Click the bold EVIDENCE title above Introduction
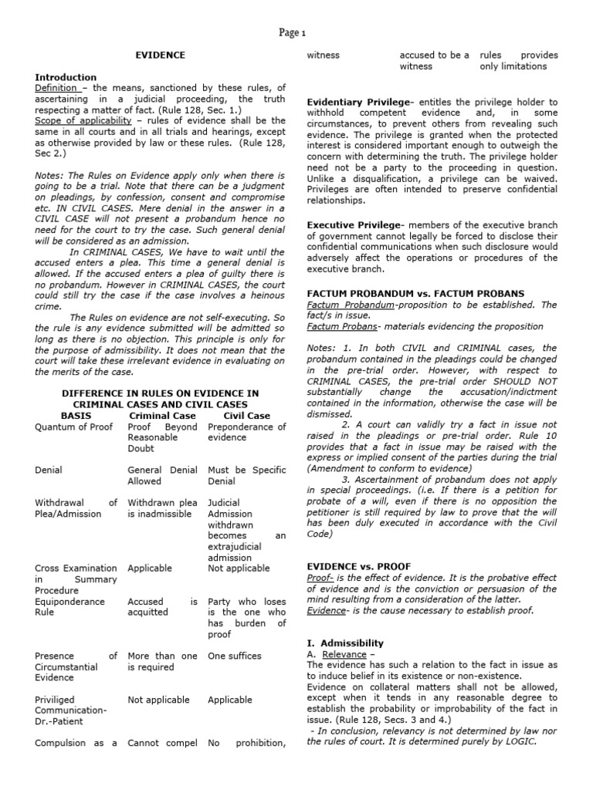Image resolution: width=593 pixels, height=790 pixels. pyautogui.click(x=161, y=56)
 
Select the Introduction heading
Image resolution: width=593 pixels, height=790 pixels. pyautogui.click(x=66, y=77)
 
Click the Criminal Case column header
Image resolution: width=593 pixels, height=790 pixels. pyautogui.click(x=162, y=415)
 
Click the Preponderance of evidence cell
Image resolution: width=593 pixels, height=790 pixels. pyautogui.click(x=246, y=432)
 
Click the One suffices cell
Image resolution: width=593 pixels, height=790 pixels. pyautogui.click(x=235, y=656)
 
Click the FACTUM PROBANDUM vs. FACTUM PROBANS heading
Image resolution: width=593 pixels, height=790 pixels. pyautogui.click(x=415, y=294)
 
